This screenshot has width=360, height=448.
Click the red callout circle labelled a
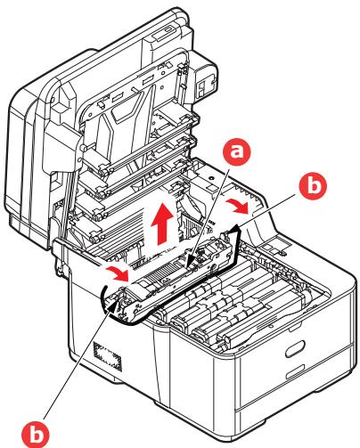coord(237,151)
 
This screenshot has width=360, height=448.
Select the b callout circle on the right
coord(313,185)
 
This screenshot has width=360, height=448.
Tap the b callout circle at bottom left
coord(36,434)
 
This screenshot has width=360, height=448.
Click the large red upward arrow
coord(162,224)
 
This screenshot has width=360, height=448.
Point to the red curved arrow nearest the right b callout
coord(237,207)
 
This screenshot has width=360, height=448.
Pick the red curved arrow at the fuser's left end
coord(117,273)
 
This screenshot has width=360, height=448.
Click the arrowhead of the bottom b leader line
coord(113,305)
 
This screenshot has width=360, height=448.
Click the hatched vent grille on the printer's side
coord(107,356)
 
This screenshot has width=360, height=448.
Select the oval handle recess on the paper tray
coord(295,348)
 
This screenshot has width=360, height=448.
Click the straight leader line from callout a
coord(209,211)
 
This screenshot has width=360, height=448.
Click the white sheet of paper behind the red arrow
coord(160,230)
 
